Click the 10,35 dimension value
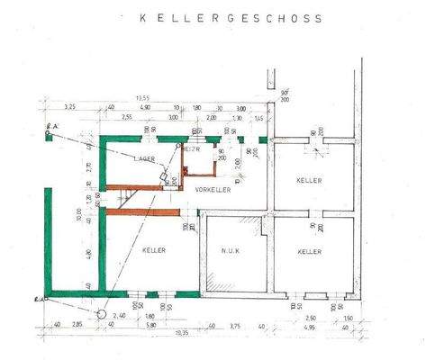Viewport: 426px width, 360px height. point(181,334)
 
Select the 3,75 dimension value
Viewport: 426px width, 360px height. point(234,325)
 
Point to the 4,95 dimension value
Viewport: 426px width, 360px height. point(309,325)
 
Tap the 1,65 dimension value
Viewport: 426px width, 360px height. point(258,117)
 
